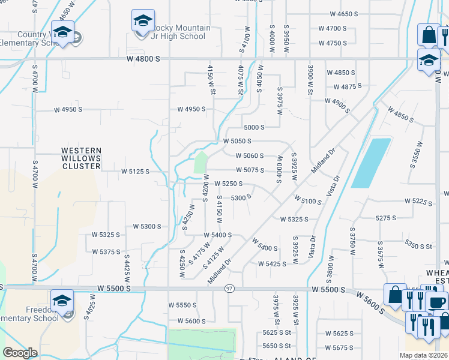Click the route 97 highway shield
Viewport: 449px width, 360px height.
click(x=230, y=289)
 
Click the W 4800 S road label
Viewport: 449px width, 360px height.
click(x=143, y=59)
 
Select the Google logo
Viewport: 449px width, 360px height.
click(x=20, y=353)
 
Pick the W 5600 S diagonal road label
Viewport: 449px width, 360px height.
click(x=369, y=299)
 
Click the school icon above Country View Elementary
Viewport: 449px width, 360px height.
click(x=62, y=32)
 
